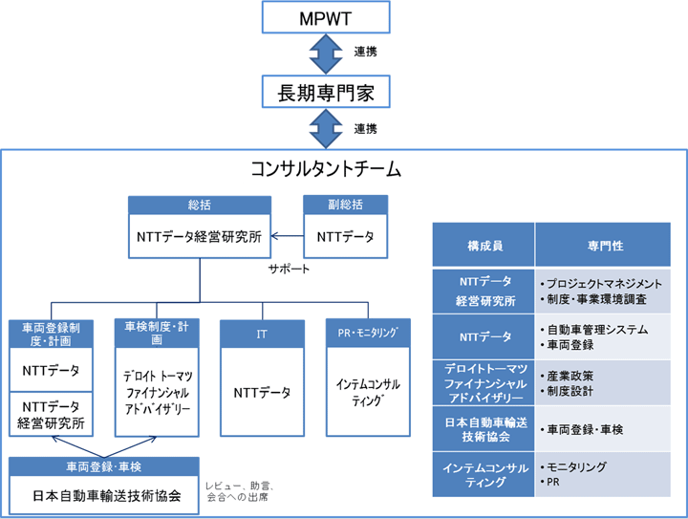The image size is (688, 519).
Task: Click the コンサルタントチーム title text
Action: (325, 170)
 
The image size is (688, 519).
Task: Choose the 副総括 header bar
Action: (345, 205)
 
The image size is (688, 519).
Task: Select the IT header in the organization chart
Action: (262, 334)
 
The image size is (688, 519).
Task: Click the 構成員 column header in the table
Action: (484, 246)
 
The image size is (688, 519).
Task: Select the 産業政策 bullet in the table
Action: (570, 375)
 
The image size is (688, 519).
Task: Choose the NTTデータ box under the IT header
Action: (262, 392)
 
